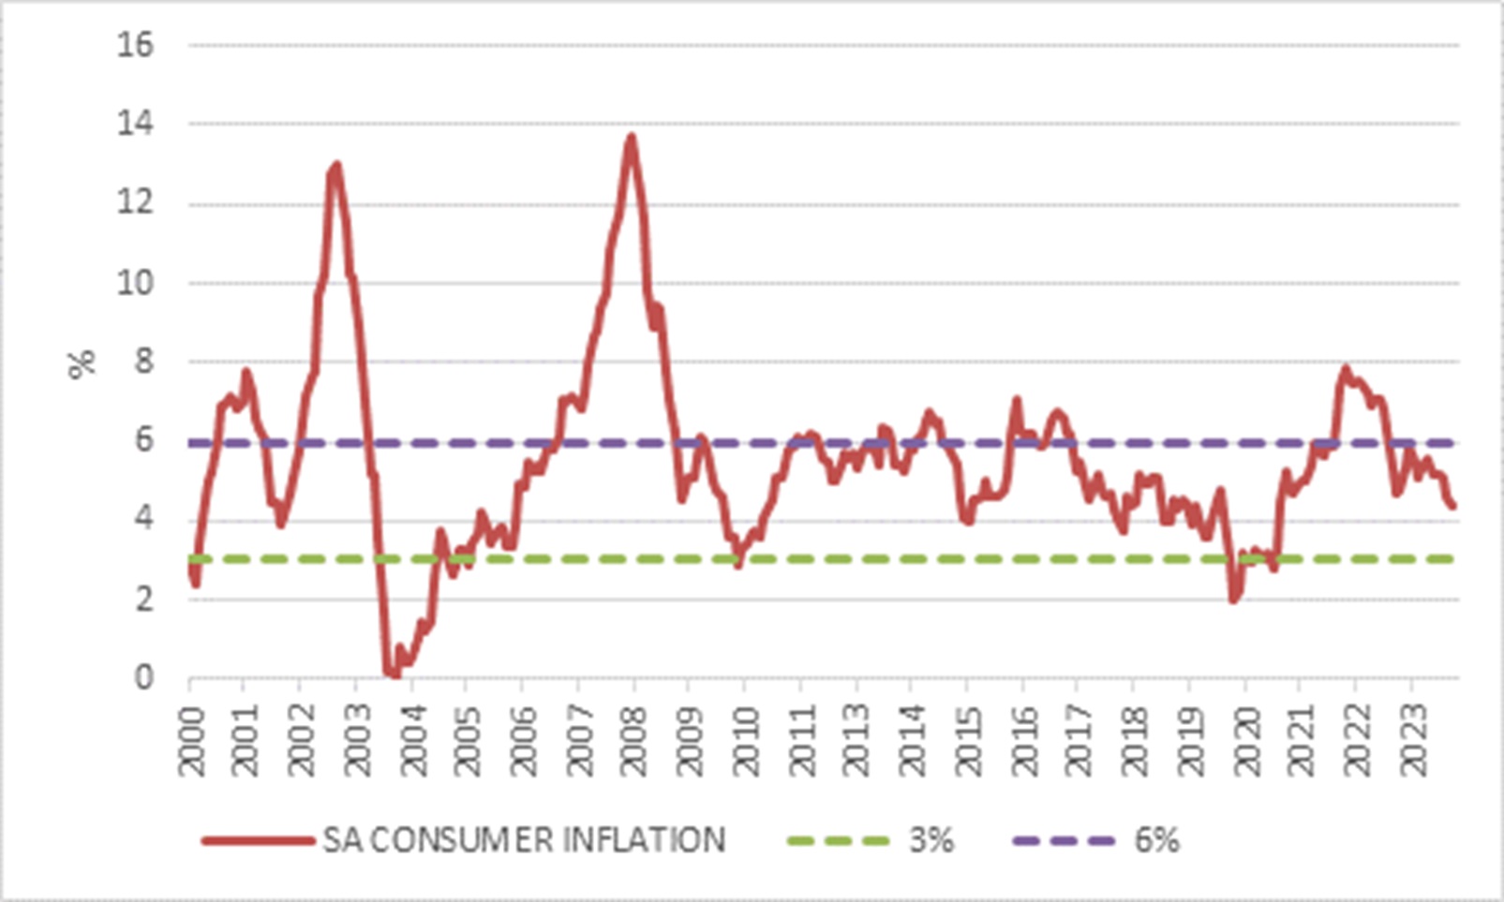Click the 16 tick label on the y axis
pyautogui.click(x=135, y=44)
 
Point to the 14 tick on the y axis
pyautogui.click(x=135, y=124)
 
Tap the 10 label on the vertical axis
pyautogui.click(x=135, y=283)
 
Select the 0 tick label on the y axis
pyautogui.click(x=143, y=677)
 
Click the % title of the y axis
pyautogui.click(x=82, y=362)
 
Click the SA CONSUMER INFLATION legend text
pyautogui.click(x=524, y=840)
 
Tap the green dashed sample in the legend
pyautogui.click(x=838, y=840)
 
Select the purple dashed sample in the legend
pyautogui.click(x=1064, y=840)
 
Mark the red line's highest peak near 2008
pyautogui.click(x=632, y=137)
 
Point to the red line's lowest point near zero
pyautogui.click(x=392, y=673)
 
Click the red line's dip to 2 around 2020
pyautogui.click(x=1233, y=599)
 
